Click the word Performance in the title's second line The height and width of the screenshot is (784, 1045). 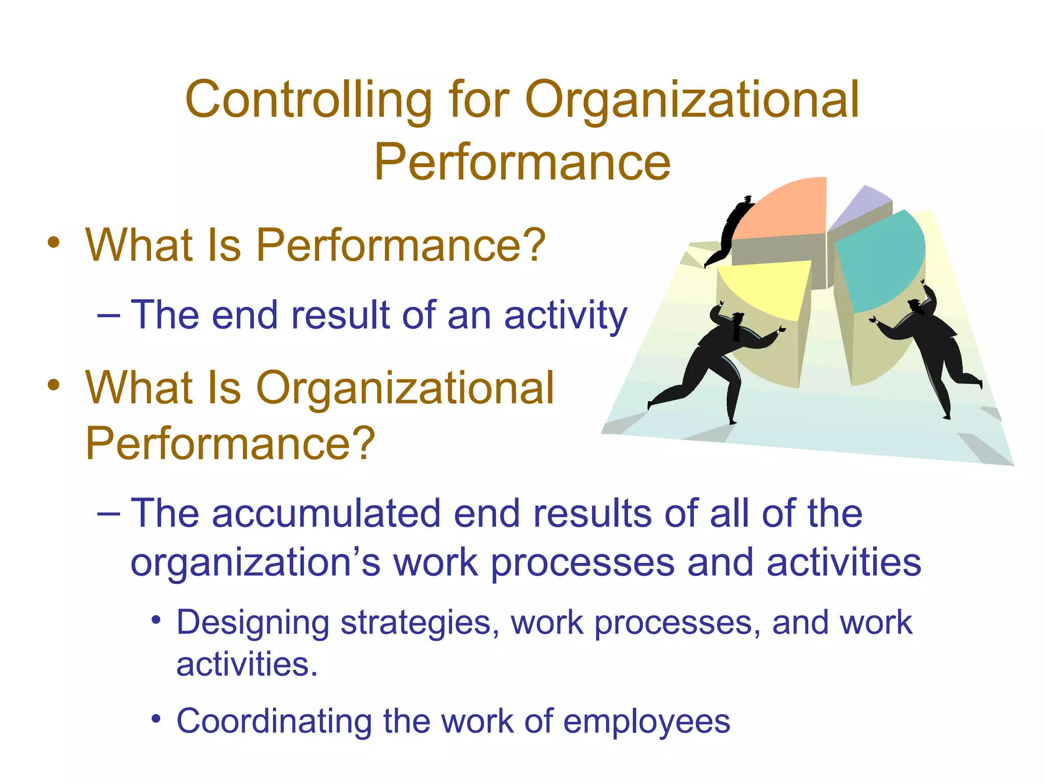point(522,162)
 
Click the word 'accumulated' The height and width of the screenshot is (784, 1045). point(326,513)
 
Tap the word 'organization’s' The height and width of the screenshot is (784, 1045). point(255,562)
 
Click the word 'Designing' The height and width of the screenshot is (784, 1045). point(253,623)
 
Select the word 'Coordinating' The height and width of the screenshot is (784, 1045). point(274,721)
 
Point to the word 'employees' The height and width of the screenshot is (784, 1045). point(646,722)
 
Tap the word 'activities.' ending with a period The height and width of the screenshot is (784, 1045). point(247,665)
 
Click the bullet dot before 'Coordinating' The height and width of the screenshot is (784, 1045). point(156,720)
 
